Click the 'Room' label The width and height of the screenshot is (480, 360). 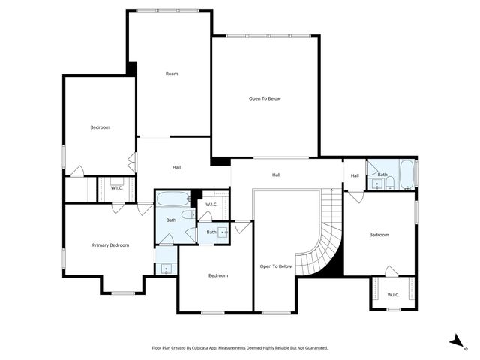(172, 73)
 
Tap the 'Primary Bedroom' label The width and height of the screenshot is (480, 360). (110, 245)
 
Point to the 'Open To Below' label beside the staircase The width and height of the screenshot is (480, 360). (275, 266)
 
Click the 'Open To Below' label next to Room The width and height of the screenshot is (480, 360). (265, 98)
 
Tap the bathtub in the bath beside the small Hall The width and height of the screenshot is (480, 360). (406, 175)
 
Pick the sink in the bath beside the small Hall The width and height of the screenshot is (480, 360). (376, 184)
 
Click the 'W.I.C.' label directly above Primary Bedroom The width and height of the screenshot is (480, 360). (116, 188)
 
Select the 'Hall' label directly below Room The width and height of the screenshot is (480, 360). (176, 167)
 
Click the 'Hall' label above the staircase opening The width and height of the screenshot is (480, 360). (276, 175)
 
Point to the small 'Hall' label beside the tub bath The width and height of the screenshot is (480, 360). (355, 175)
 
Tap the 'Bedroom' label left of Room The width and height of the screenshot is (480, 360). (100, 127)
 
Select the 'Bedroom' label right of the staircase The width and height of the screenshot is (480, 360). (379, 235)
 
